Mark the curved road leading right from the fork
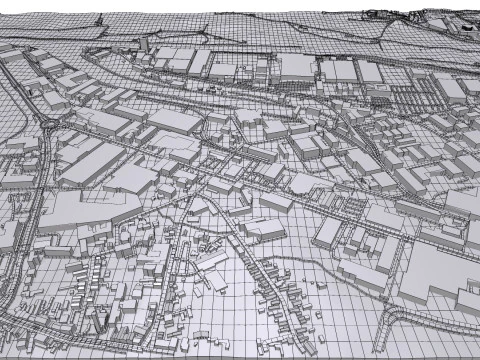coord(440,312)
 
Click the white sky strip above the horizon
coord(200,5)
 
